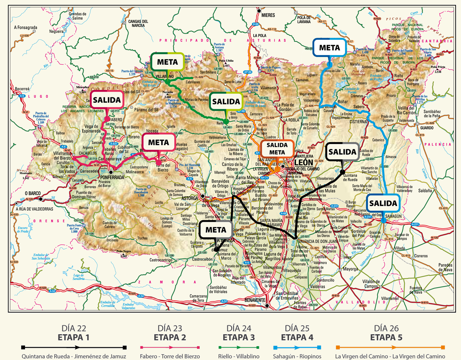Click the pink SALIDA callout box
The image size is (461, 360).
pyautogui.click(x=107, y=99)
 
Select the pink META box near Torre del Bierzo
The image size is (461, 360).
pyautogui.click(x=159, y=142)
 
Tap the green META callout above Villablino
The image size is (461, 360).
pyautogui.click(x=167, y=62)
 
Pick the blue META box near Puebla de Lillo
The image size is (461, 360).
pyautogui.click(x=330, y=48)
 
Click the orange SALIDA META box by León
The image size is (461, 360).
pyautogui.click(x=277, y=149)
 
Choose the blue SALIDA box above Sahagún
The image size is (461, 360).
pyautogui.click(x=383, y=203)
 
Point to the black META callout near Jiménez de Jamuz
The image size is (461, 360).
pyautogui.click(x=216, y=230)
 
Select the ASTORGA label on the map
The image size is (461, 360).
pyautogui.click(x=189, y=198)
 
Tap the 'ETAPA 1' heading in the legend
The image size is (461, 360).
pyautogui.click(x=73, y=338)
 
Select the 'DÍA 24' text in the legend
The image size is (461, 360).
pyautogui.click(x=239, y=328)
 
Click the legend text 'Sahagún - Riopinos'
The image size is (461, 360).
pyautogui.click(x=297, y=357)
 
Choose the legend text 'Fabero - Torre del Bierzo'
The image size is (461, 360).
pyautogui.click(x=170, y=357)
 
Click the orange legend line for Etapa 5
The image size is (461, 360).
pyautogui.click(x=390, y=347)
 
